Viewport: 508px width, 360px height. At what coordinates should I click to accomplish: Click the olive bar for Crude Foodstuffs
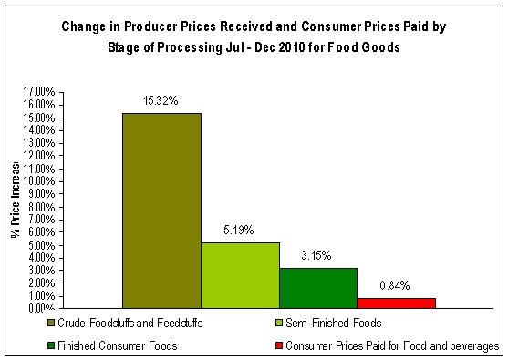click(x=161, y=211)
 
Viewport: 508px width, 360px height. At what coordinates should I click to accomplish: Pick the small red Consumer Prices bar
click(x=396, y=303)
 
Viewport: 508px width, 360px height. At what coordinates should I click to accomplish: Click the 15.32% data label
click(x=161, y=100)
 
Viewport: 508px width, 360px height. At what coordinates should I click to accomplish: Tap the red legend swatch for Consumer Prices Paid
click(x=277, y=346)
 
